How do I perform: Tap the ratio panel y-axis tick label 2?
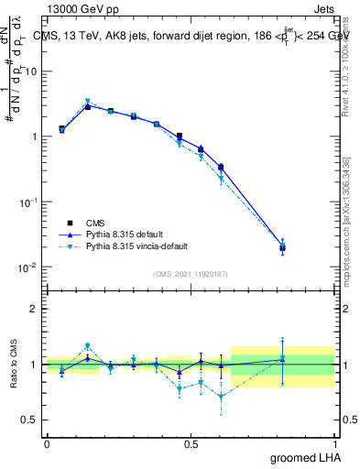pyautogui.click(x=34, y=309)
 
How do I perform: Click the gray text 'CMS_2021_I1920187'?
pyautogui.click(x=191, y=274)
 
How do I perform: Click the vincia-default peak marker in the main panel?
pyautogui.click(x=87, y=101)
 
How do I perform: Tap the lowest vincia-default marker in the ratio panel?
pyautogui.click(x=221, y=397)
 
